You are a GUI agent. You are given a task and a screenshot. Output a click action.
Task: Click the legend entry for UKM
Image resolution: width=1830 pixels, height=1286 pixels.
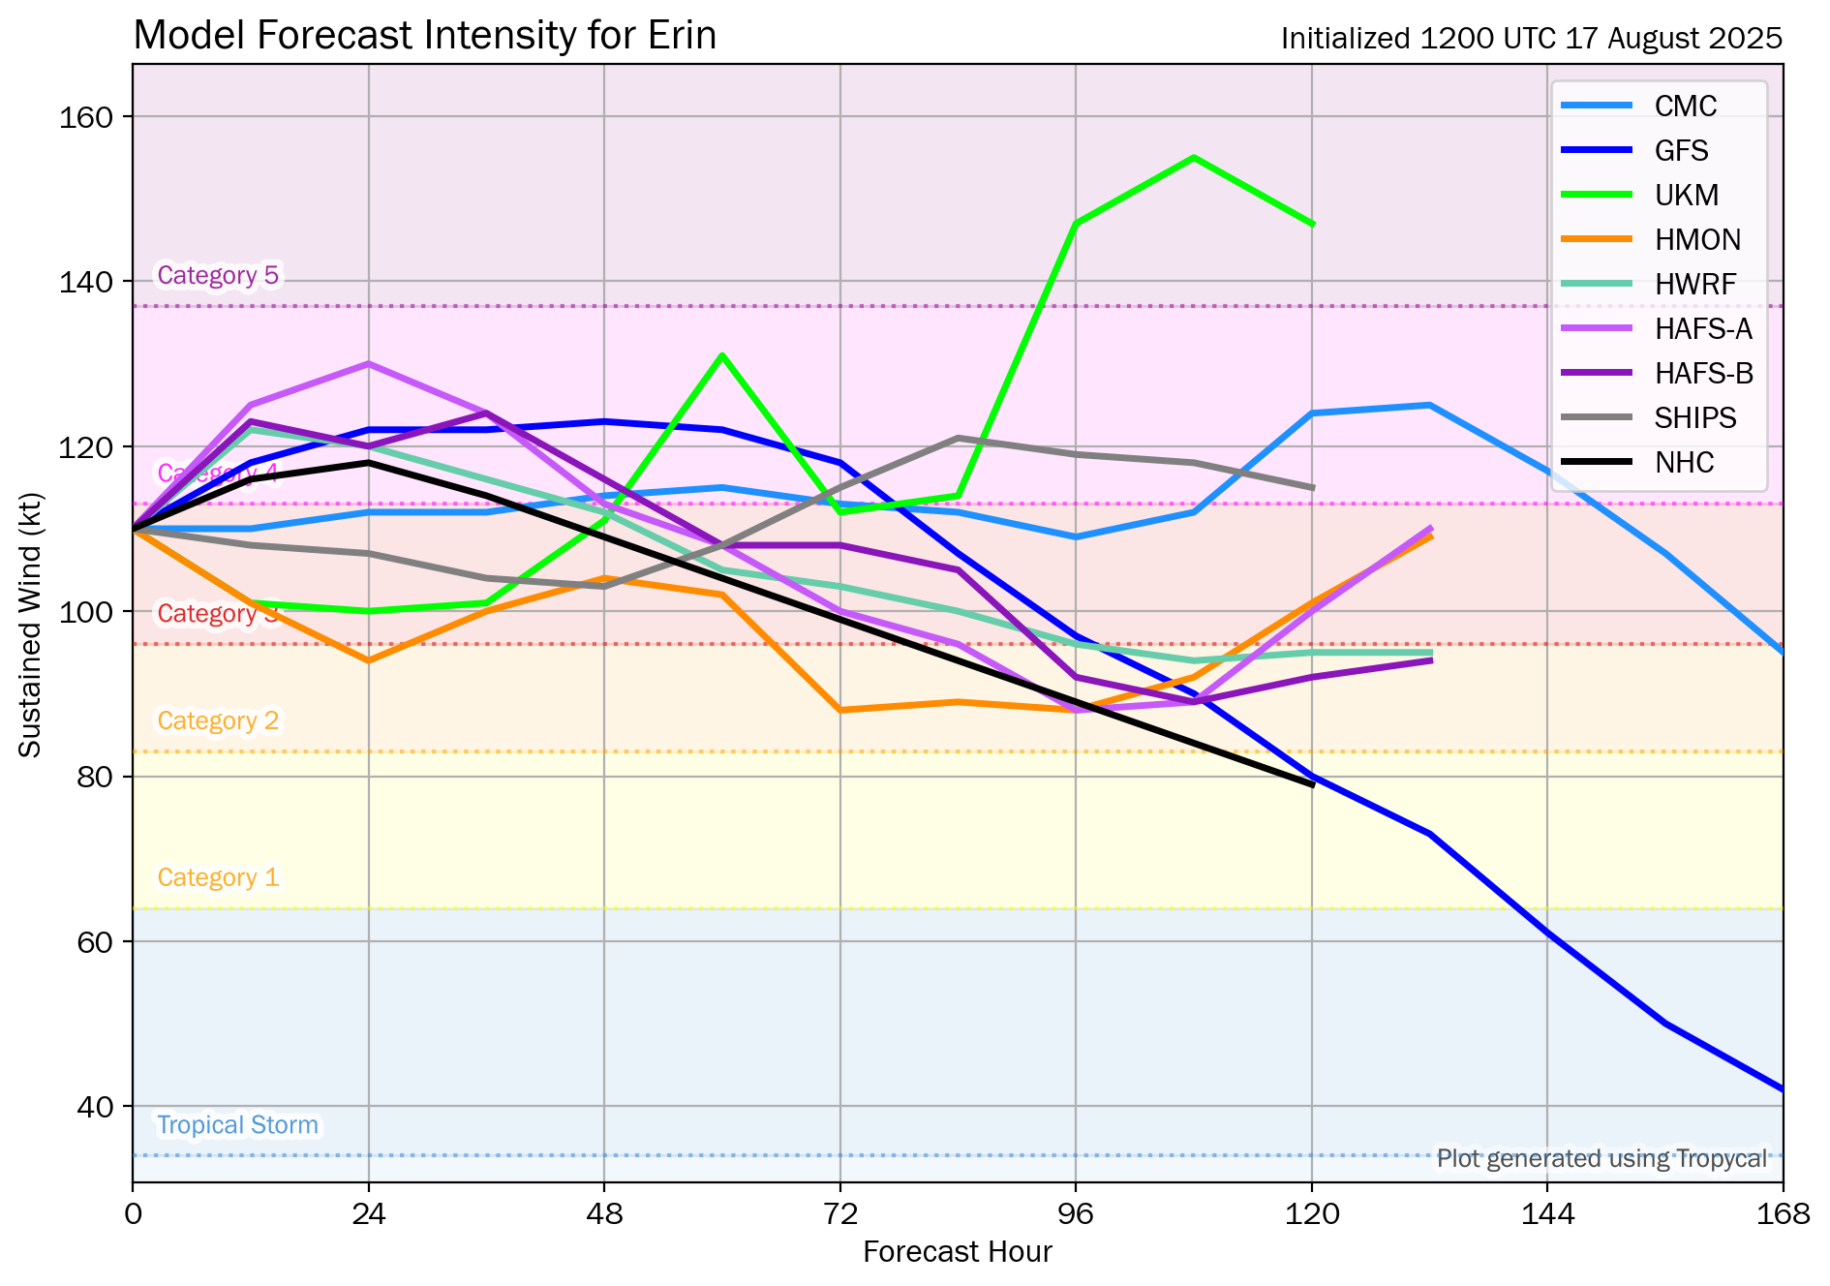coord(1686,196)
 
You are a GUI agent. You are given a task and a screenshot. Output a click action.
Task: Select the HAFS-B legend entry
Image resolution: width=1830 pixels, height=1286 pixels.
coord(1703,374)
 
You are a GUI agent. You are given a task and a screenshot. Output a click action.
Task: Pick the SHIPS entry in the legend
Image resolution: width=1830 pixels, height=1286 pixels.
coord(1694,418)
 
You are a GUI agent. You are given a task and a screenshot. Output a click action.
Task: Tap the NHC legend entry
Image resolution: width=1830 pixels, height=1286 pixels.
coord(1684,463)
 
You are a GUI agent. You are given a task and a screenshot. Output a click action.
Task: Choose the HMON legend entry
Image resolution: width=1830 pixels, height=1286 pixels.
coord(1697,240)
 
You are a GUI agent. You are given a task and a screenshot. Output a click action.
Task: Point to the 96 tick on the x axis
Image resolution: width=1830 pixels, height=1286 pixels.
coord(1076,1213)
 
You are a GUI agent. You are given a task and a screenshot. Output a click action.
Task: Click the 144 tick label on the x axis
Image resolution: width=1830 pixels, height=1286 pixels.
coord(1547,1213)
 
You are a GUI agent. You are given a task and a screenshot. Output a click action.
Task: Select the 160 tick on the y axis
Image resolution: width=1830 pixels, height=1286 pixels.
coord(86,117)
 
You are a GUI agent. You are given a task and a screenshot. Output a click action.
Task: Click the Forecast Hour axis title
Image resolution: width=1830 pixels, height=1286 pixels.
coord(957,1252)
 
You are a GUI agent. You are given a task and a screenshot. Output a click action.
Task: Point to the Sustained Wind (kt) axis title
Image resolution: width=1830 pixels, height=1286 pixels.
coord(30,625)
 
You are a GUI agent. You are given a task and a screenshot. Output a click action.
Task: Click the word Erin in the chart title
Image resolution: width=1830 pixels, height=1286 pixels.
coord(684,36)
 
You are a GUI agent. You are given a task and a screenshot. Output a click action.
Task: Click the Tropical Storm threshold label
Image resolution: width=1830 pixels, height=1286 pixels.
coord(237,1125)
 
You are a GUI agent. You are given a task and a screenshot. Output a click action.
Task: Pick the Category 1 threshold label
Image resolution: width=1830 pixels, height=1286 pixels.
coord(218,878)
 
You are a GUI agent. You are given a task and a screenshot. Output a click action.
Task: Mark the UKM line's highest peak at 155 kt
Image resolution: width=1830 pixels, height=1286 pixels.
coord(1194,158)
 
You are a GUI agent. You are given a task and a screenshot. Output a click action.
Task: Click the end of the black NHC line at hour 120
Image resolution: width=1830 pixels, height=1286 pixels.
coord(1312,784)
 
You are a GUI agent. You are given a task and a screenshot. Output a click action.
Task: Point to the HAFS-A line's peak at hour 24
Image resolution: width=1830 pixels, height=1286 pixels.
coord(369,364)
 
